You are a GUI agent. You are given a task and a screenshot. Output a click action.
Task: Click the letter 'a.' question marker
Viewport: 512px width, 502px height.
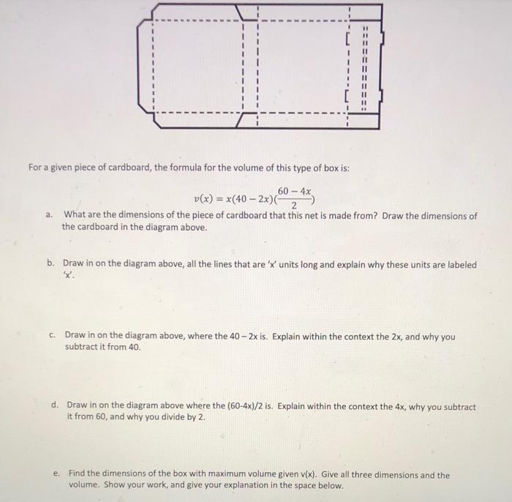[48, 216]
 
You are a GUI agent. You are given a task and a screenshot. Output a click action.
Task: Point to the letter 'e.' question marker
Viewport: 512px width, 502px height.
[56, 474]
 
